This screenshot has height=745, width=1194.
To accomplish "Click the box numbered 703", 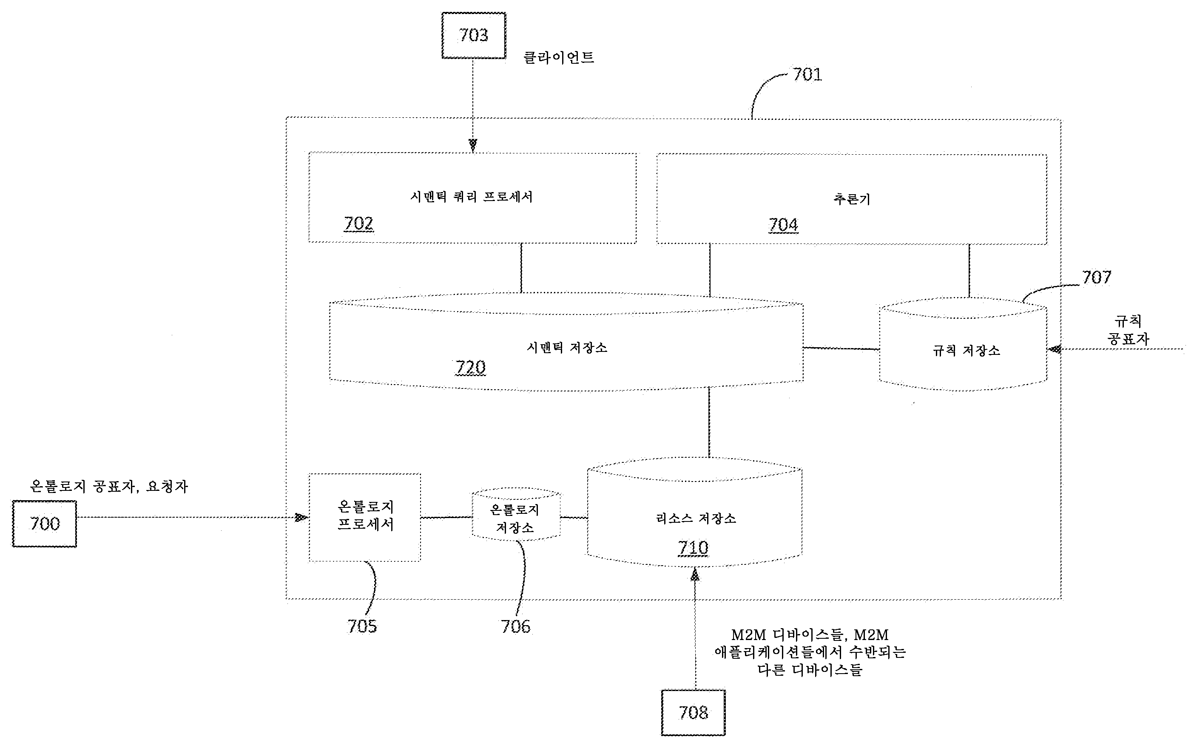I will point(473,35).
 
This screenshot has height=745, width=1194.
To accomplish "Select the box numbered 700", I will point(44,524).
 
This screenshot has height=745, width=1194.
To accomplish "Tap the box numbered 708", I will point(693,712).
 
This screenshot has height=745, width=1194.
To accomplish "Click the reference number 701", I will point(807,75).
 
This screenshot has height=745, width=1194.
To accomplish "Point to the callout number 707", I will point(1096,278).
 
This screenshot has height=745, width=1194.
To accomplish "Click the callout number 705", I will point(362,626).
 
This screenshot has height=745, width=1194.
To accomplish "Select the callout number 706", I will point(516,626).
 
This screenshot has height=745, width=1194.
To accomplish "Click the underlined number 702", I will point(358,224).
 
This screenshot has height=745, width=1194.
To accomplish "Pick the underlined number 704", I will point(783,225).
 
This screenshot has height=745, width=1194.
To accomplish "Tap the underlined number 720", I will point(470,368).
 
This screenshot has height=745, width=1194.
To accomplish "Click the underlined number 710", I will point(693,548).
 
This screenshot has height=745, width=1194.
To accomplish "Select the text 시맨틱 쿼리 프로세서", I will point(471,197).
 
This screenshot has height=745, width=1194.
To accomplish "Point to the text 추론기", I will point(851,199).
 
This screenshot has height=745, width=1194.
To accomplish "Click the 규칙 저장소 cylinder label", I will point(966,351).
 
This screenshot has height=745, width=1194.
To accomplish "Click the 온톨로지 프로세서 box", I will point(365,516).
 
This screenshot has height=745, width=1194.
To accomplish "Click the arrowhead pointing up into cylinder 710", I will point(695,575).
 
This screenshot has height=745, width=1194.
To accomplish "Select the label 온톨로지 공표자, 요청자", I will point(109,487).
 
